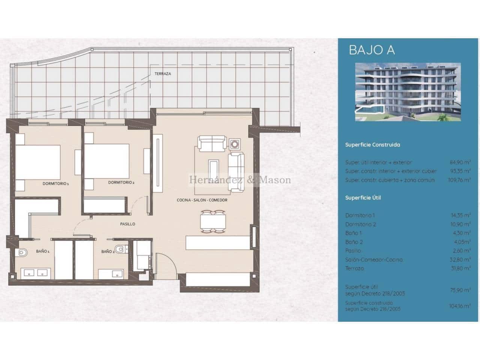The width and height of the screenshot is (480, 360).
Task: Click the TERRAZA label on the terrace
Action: coord(163,74)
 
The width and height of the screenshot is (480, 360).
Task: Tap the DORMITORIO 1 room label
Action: coord(55,184)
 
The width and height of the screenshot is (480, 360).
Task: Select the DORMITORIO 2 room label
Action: coord(121,183)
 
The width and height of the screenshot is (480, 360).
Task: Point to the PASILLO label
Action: coord(127,224)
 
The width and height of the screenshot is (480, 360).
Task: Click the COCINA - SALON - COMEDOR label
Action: coord(202,200)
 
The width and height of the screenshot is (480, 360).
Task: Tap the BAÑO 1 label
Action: coord(43,251)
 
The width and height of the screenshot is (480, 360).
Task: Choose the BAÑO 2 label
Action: coord(108,252)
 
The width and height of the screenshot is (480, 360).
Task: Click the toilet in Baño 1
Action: coord(22,253)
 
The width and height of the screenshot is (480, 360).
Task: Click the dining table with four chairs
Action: coord(213,220)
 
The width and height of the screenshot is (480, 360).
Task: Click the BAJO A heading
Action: coord(372,50)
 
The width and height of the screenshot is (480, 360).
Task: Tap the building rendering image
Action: coord(408,92)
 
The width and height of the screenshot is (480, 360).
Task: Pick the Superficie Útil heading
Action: coord(363,198)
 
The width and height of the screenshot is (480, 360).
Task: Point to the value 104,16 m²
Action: coord(460,306)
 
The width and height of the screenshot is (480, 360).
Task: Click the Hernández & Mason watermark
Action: coord(240,180)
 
